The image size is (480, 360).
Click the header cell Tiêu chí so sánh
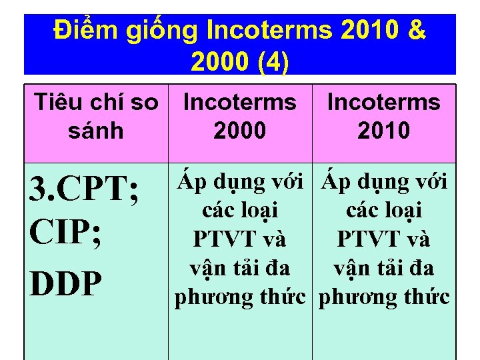click(96, 116)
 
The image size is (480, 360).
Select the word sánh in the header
click(96, 130)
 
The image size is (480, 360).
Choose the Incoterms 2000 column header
click(239, 116)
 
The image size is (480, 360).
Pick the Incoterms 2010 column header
click(383, 116)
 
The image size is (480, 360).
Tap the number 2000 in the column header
click(239, 130)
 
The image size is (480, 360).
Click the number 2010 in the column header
click(383, 130)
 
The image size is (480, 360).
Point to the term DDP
click(65, 284)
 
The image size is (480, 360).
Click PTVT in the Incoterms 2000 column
click(217, 239)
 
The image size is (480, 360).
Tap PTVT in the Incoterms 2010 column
click(362, 239)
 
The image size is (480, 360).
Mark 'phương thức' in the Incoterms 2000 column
click(240, 297)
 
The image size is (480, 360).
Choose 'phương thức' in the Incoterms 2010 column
click(384, 297)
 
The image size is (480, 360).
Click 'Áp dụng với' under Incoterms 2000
click(240, 181)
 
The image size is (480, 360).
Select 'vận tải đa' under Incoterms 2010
click(384, 268)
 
